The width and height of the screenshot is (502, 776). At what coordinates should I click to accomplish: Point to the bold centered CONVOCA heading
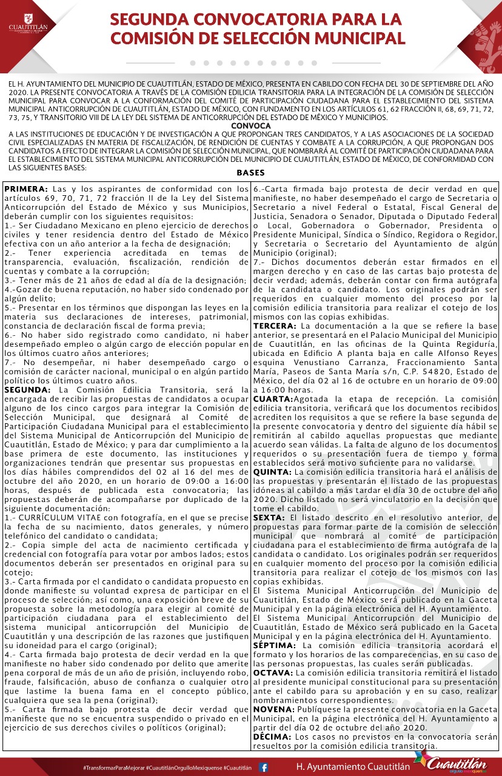(x=251, y=125)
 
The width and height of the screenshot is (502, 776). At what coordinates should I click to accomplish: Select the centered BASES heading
(x=251, y=173)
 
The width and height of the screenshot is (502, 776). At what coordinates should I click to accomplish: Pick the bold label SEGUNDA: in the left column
(x=27, y=389)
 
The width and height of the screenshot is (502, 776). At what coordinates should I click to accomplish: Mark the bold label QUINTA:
(x=273, y=472)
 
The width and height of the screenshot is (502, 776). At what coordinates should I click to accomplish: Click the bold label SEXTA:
(x=271, y=517)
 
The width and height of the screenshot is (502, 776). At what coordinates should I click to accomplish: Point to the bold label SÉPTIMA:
(x=275, y=645)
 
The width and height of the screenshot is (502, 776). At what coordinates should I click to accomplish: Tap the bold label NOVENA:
(x=274, y=709)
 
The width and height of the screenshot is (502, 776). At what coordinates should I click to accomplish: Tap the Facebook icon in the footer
(x=264, y=767)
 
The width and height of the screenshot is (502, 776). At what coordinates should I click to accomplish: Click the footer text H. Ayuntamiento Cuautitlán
(x=353, y=767)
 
